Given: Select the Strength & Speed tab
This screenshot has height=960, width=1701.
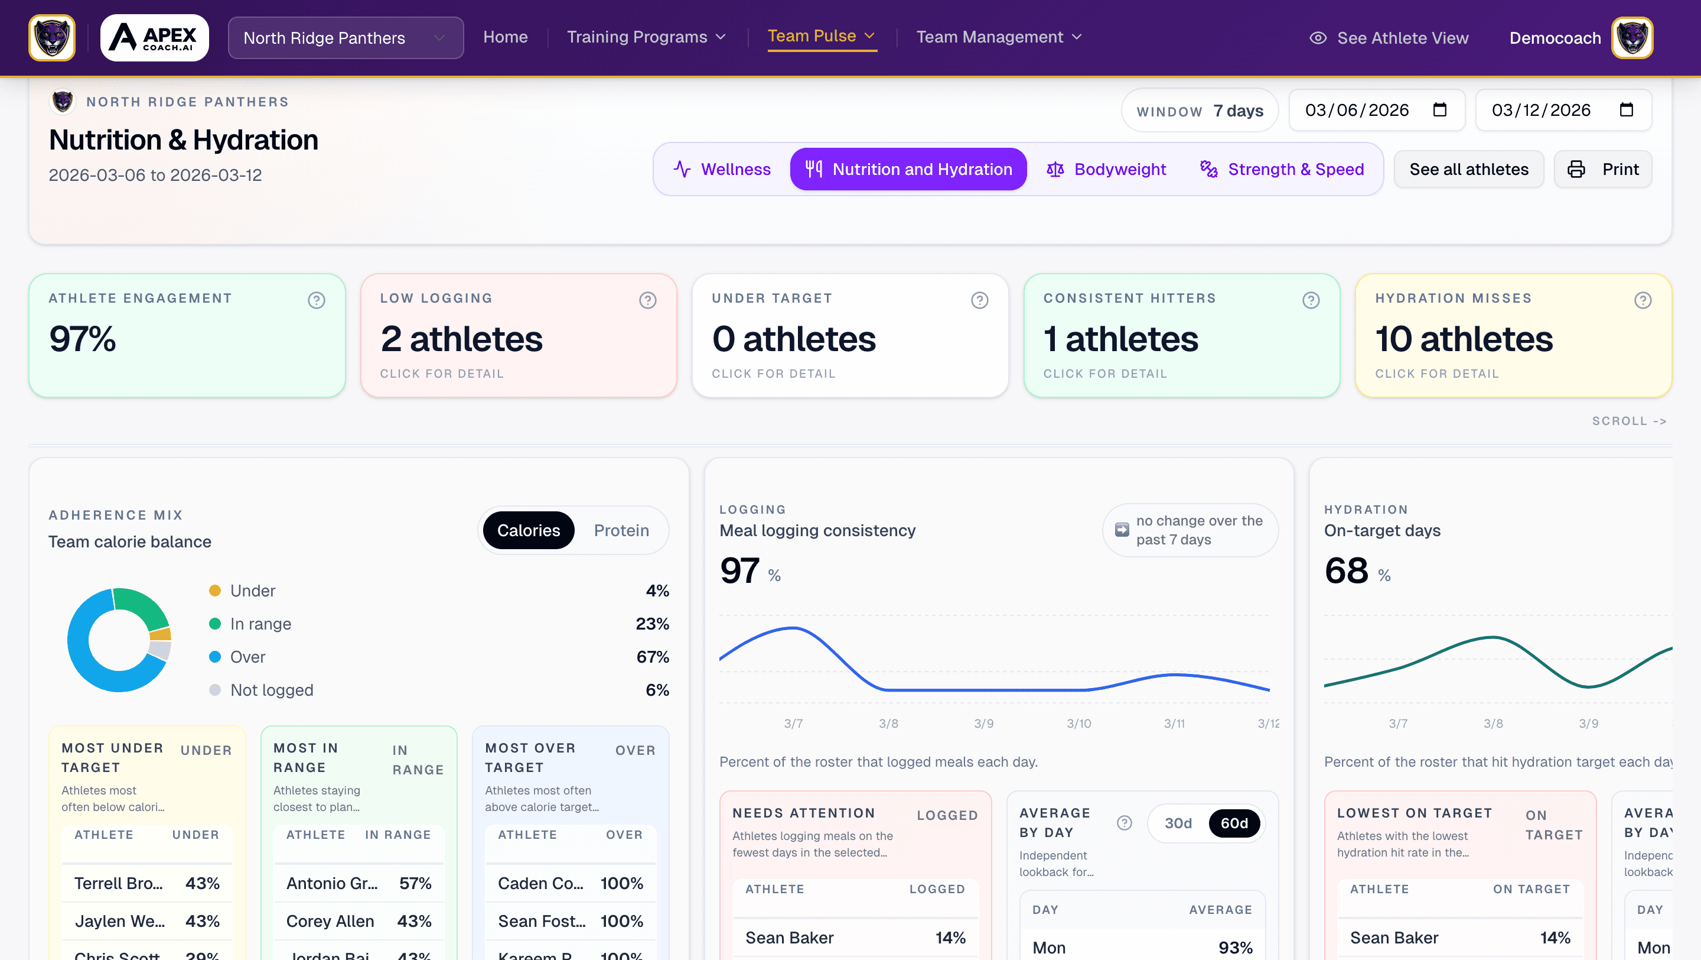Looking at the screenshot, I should pos(1282,169).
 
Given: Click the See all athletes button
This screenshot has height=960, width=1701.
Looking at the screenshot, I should pos(1468,169).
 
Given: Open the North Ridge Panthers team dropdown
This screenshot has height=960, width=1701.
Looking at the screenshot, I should pos(346,38).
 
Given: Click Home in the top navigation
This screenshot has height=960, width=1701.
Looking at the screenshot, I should pos(505,37).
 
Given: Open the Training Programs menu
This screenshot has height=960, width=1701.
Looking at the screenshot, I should pos(646,37).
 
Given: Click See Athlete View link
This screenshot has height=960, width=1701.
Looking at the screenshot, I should pos(1389,38).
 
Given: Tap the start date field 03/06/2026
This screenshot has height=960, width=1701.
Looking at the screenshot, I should pos(1357,111).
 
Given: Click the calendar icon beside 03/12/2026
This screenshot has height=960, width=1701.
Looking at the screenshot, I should pos(1627,110).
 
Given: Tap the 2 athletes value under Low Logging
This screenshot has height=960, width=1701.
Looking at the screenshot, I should pos(461,339).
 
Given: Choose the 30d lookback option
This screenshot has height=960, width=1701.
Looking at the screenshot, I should pos(1178,823).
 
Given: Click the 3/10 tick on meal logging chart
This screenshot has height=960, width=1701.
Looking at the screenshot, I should pos(1079,724).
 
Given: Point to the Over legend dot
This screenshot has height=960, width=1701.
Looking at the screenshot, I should pos(214,657).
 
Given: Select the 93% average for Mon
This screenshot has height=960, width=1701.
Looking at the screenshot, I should pos(1235,948).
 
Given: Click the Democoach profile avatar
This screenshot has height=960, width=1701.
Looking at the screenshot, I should pos(1632,38).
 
